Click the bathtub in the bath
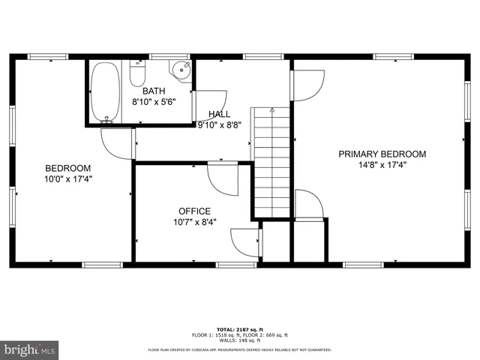(106, 92)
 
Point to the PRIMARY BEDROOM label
(382, 154)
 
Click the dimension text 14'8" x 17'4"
(382, 165)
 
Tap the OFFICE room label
(194, 211)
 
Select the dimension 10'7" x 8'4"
(194, 222)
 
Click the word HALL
(219, 114)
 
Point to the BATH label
(154, 91)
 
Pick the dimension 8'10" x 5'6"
(154, 102)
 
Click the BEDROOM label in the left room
(68, 168)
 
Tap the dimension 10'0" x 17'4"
(68, 179)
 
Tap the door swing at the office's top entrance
(223, 178)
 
